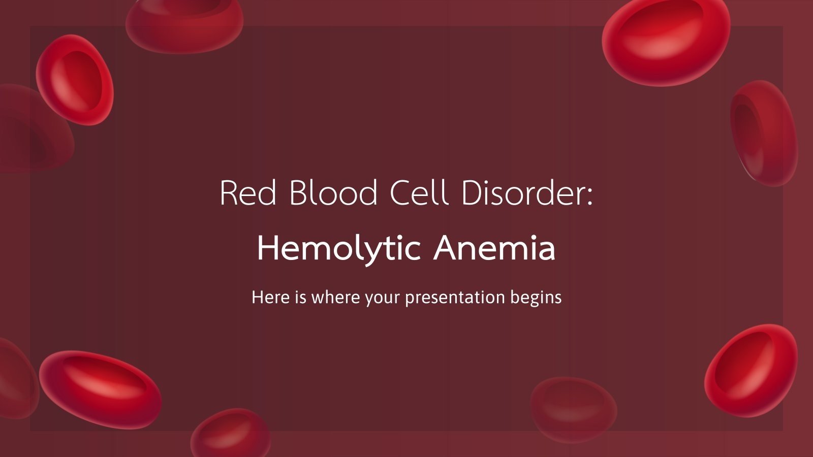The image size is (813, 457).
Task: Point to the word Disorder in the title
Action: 527,193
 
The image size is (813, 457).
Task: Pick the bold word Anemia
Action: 494,249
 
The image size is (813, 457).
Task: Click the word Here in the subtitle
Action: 271,297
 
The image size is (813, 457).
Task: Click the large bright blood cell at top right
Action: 666,42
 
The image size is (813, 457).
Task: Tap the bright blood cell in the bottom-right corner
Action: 751,370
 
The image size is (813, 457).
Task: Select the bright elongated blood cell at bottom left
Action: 100,389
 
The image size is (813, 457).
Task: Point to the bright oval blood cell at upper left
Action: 75,80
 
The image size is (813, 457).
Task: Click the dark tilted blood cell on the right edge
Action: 764,133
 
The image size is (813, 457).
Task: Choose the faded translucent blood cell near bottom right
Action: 574,409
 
